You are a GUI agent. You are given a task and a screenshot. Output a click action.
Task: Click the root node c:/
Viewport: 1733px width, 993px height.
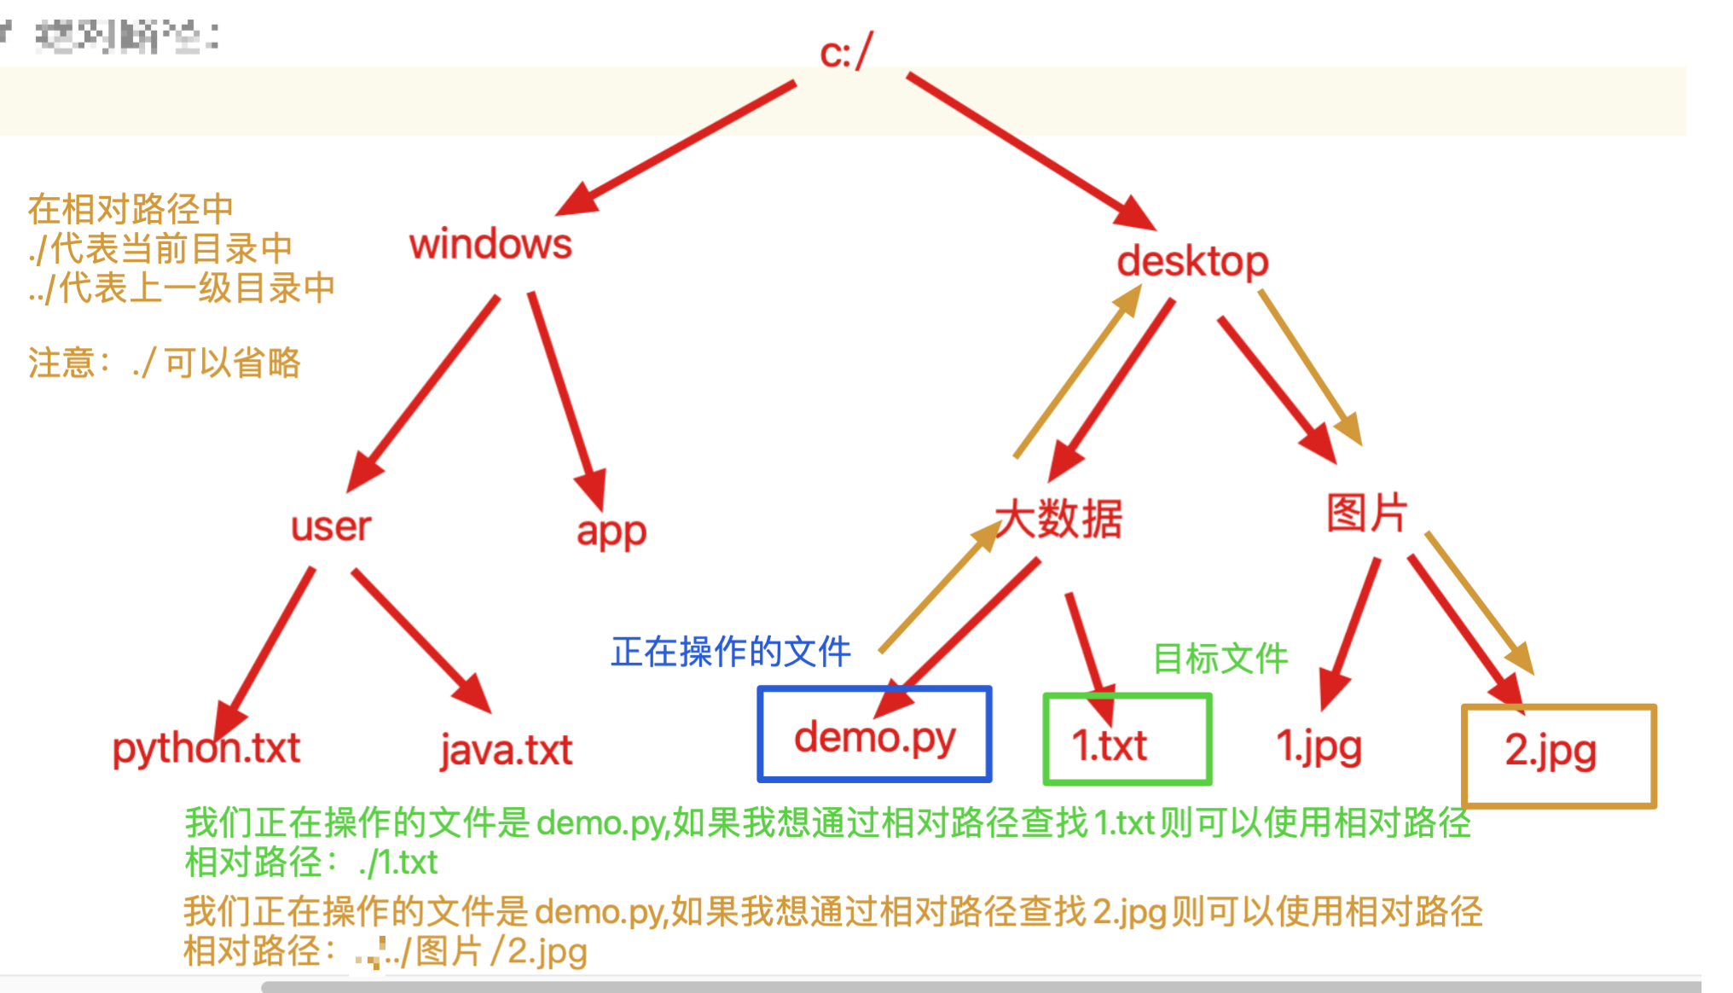pos(845,53)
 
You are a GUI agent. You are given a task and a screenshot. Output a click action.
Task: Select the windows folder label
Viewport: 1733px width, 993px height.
pos(490,245)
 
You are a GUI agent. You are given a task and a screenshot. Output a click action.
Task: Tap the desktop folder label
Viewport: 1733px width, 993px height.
pos(1192,261)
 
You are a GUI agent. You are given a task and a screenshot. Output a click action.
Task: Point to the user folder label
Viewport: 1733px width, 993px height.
pos(331,526)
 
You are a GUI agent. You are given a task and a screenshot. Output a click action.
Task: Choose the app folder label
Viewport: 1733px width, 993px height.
pos(611,531)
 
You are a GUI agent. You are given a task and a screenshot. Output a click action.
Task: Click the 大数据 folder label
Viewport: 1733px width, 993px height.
pos(1059,519)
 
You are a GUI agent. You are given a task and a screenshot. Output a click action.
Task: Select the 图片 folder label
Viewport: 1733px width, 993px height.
pos(1366,514)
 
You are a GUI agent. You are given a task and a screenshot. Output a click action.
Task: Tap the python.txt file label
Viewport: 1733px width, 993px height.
pos(206,749)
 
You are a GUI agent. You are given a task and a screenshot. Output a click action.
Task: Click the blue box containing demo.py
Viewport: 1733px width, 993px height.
pos(874,735)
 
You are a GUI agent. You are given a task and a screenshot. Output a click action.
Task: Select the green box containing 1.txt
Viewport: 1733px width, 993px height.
pos(1127,740)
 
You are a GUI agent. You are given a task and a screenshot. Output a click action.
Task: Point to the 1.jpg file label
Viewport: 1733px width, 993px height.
pos(1319,746)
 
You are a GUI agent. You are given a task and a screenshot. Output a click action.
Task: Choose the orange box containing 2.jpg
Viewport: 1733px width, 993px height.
pos(1558,755)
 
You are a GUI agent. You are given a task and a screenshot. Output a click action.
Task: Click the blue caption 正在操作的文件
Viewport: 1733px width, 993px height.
pos(731,653)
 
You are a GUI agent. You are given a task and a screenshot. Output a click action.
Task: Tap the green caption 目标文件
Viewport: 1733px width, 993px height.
pos(1220,659)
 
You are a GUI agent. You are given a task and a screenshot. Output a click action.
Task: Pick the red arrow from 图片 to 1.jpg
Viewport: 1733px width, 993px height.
pos(1350,632)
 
